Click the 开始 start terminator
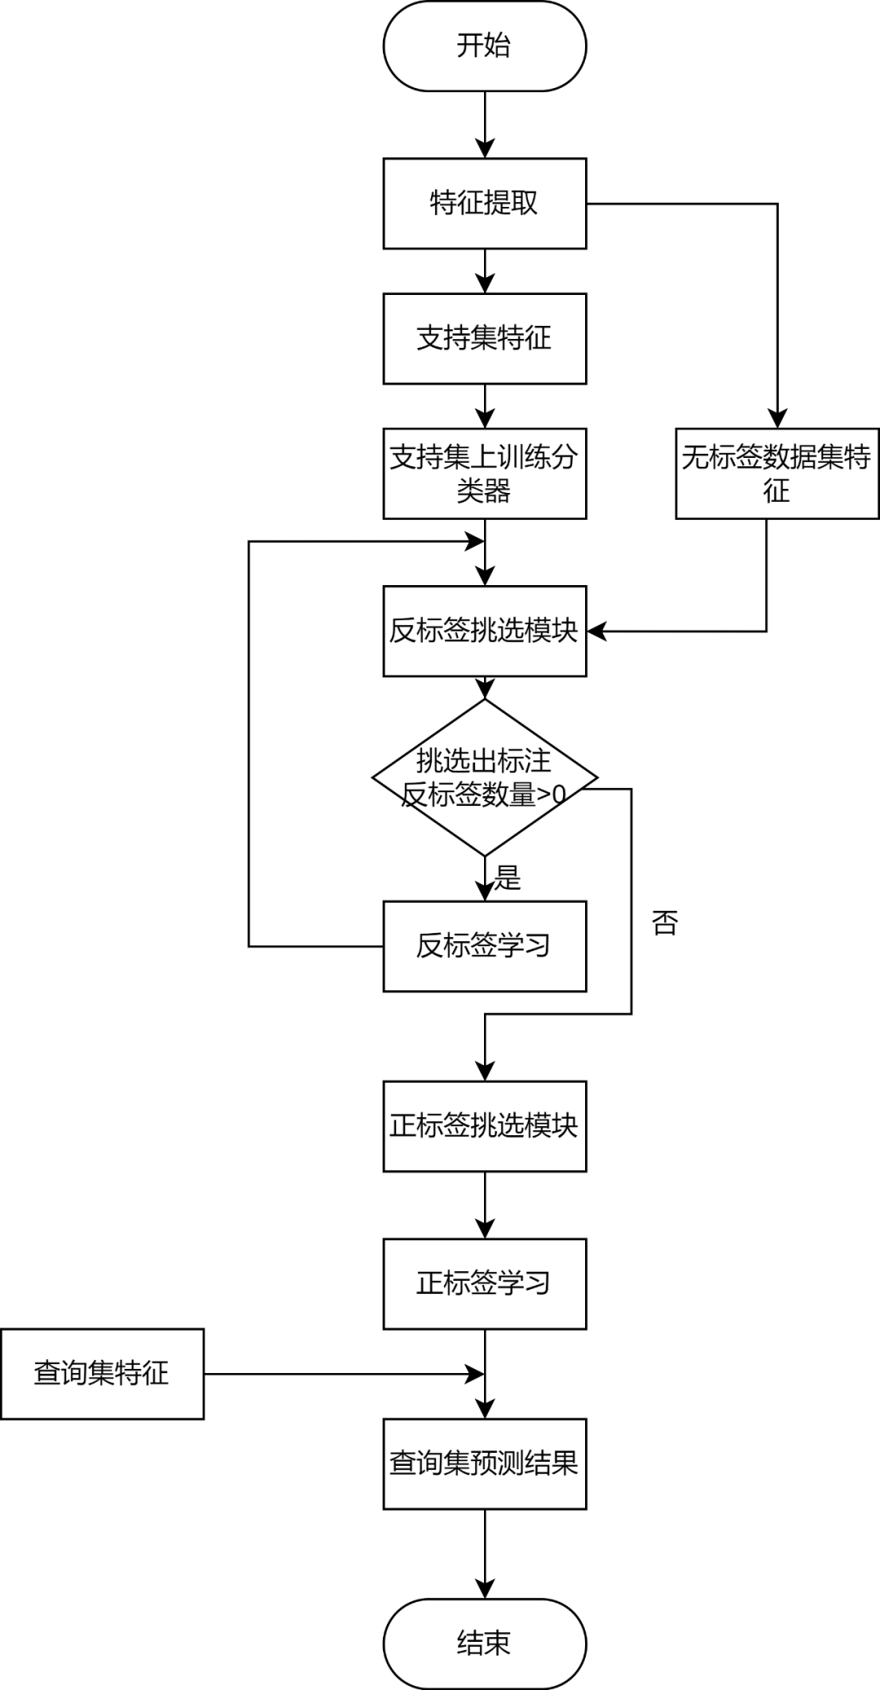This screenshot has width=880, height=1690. tap(484, 46)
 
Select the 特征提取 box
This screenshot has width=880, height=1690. tap(484, 203)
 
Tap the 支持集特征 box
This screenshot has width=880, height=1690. tap(484, 338)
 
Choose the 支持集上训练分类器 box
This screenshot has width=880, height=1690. tap(484, 473)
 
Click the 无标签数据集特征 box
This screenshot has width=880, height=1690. tap(777, 473)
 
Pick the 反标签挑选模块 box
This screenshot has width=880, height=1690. tap(484, 631)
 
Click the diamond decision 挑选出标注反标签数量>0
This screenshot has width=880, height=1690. tap(484, 777)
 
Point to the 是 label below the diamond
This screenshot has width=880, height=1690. tap(507, 878)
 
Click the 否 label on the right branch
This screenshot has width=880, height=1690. tap(664, 922)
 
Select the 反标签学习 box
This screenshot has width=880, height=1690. tap(484, 946)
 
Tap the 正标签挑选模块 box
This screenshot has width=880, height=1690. tap(484, 1126)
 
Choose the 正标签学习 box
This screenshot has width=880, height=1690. tap(484, 1283)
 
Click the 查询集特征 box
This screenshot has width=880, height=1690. tap(102, 1373)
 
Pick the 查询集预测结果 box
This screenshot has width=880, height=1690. tap(484, 1463)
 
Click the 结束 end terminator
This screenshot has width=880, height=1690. tap(484, 1643)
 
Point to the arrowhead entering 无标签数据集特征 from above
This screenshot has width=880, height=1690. tap(777, 418)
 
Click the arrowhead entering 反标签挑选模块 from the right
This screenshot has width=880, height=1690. tap(596, 631)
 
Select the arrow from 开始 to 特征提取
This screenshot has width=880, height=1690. tap(485, 124)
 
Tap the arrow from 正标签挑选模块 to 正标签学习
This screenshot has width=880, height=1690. tap(485, 1204)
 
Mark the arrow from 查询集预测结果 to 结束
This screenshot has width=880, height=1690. tap(485, 1552)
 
